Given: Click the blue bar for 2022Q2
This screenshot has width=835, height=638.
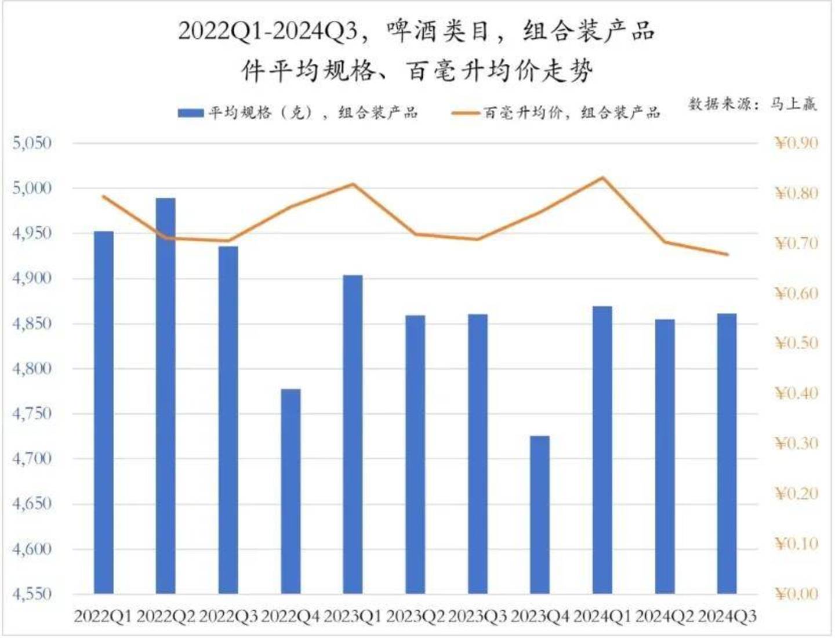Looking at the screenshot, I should [166, 394].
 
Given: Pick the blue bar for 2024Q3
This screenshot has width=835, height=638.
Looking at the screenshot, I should [727, 453].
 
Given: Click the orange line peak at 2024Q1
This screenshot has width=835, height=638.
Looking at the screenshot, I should [603, 177].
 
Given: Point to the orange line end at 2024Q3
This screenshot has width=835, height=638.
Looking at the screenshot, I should [727, 254].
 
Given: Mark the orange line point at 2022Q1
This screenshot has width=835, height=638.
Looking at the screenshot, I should [104, 197].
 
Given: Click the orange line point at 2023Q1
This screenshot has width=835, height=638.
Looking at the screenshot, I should [353, 184].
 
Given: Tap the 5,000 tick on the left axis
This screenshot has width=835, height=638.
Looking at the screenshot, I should [32, 188].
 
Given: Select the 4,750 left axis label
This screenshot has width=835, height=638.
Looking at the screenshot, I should [32, 414].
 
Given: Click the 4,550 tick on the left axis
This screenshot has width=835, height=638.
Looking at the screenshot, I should [32, 594].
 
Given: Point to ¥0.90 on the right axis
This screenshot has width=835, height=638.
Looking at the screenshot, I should [796, 143].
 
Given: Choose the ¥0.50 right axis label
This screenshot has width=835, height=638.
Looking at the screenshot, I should [796, 343].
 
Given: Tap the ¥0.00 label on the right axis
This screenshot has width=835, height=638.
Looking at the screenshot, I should [796, 594].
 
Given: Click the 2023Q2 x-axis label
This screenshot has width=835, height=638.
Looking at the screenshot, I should [415, 617].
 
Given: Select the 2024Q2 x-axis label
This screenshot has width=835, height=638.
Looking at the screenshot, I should [665, 617].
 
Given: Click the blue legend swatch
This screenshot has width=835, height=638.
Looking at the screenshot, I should [190, 113].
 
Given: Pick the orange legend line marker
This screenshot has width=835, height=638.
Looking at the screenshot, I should [466, 113].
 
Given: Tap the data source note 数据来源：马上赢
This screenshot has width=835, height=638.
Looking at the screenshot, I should [753, 104].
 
